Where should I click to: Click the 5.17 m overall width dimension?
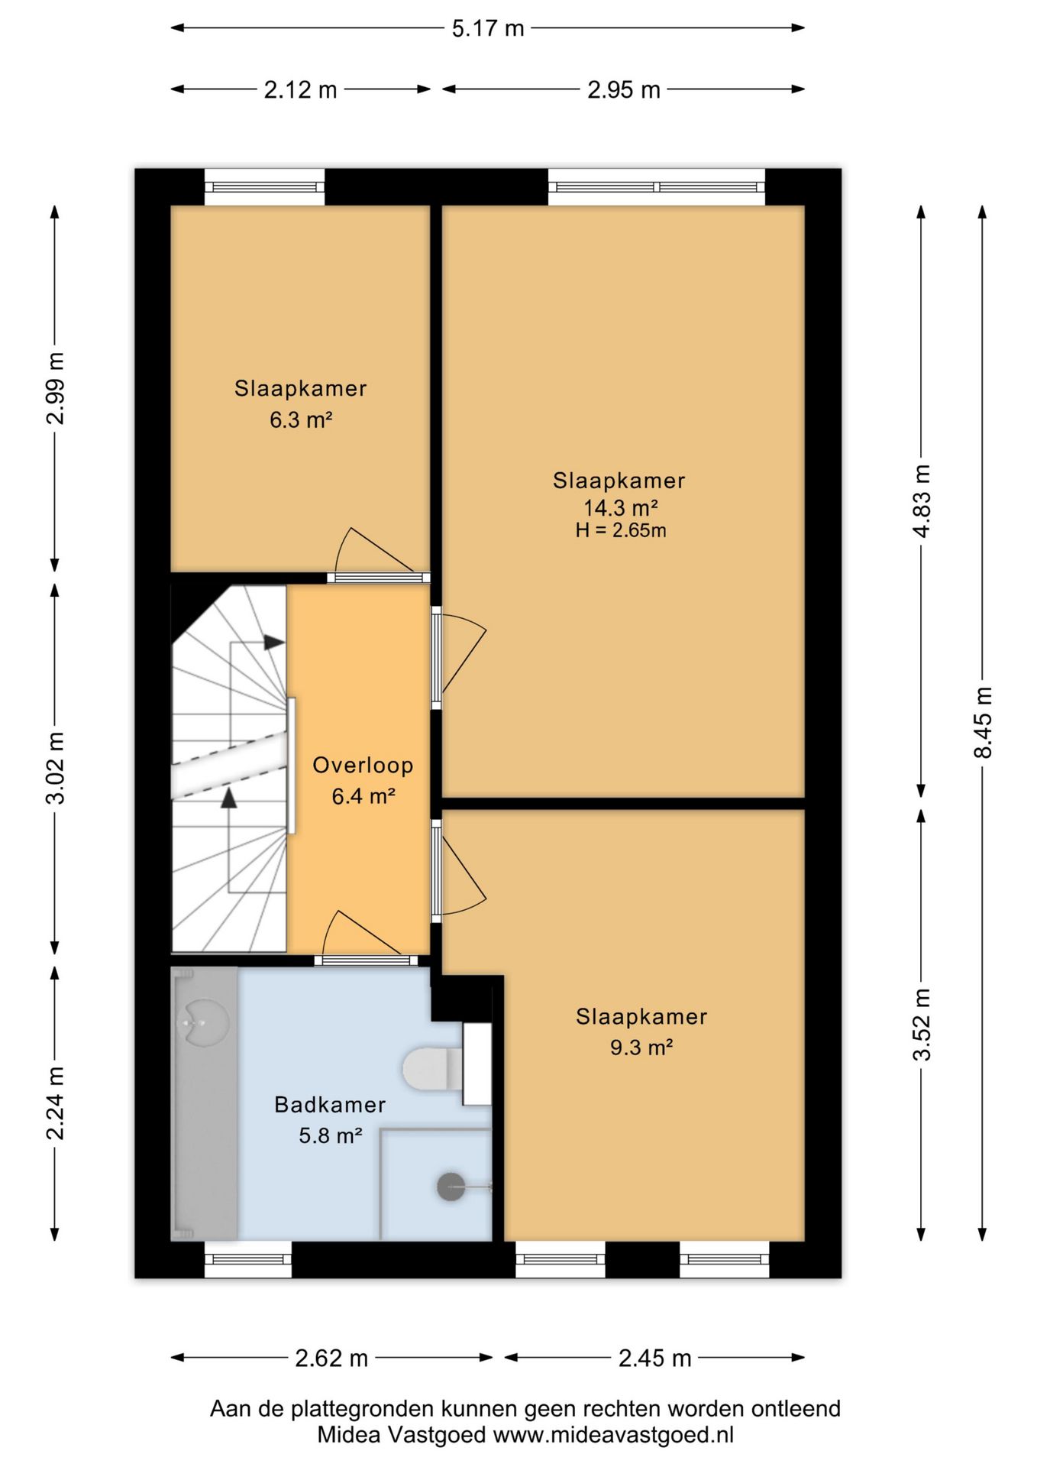click(488, 28)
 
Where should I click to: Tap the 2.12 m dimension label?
click(300, 89)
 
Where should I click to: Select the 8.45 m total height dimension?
click(983, 722)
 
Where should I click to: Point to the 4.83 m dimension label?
click(922, 501)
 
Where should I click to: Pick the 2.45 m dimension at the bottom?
click(654, 1358)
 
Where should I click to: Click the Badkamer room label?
click(330, 1104)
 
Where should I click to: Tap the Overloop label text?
click(363, 765)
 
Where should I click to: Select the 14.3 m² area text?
click(620, 507)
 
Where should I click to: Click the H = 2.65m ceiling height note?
click(621, 530)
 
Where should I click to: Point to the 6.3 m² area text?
click(300, 419)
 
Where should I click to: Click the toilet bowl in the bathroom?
click(432, 1068)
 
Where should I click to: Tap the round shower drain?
click(451, 1187)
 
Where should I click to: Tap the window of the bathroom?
click(248, 1259)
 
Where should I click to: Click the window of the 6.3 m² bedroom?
click(264, 187)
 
